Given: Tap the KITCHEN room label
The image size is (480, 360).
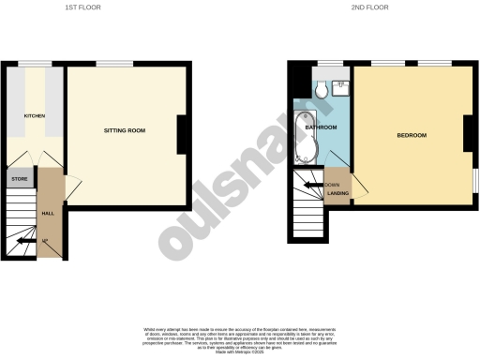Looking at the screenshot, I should (x=21, y=115).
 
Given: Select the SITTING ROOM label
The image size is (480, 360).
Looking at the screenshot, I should (x=121, y=129).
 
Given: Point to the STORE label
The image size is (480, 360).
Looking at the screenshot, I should (x=19, y=177).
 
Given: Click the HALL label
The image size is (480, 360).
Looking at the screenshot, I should (x=47, y=213).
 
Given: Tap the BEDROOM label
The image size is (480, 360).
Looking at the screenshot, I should (x=412, y=135).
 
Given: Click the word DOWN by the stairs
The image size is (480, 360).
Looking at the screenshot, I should (x=332, y=186).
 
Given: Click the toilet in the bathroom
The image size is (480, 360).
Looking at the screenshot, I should (x=321, y=89).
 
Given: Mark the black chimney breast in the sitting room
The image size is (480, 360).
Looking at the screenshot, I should (x=183, y=134).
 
